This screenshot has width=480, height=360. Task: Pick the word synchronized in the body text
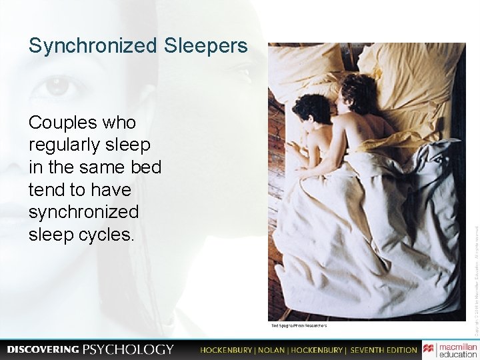click(x=84, y=213)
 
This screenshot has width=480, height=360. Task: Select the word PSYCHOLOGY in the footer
click(x=128, y=349)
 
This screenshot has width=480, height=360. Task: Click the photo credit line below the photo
click(x=299, y=325)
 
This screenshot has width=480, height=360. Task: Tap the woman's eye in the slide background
click(x=57, y=86)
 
